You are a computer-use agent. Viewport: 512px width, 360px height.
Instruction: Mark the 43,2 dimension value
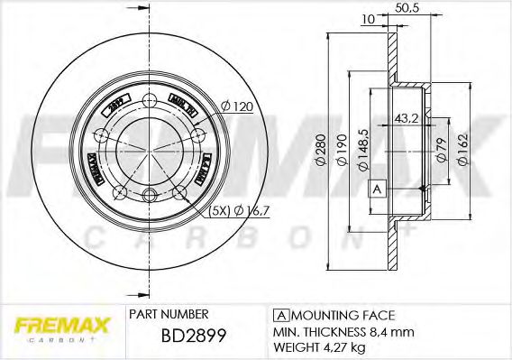pos(407,118)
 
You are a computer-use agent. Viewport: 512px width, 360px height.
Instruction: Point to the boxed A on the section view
pos(378,189)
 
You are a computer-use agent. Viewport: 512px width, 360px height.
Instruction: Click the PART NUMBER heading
pos(169,315)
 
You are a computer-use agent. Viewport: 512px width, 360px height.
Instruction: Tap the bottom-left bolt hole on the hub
pos(119,190)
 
